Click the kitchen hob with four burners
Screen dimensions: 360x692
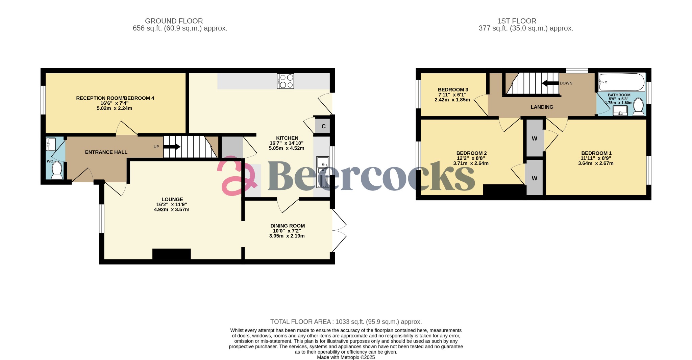tap(285, 81)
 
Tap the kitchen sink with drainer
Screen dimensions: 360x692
tap(323, 172)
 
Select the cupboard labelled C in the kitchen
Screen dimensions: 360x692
tap(323, 126)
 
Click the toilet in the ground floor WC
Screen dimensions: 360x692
tap(56, 170)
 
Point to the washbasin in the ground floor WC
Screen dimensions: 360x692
tap(51, 144)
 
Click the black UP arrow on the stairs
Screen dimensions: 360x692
tap(172, 147)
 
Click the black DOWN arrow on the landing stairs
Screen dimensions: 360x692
tap(550, 83)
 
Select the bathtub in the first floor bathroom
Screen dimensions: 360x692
tap(621, 82)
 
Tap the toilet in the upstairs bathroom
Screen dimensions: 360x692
tap(638, 106)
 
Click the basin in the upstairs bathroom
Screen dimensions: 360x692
tap(620, 110)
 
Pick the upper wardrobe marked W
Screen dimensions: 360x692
tap(535, 138)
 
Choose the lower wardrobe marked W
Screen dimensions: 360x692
tap(535, 178)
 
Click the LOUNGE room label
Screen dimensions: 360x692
tap(172, 199)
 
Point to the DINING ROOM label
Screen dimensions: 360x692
tap(287, 226)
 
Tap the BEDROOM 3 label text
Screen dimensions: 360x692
tap(453, 89)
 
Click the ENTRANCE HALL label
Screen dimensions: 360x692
tap(106, 152)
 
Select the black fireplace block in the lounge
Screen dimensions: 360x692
tap(171, 254)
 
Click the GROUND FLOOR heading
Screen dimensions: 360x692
tap(174, 21)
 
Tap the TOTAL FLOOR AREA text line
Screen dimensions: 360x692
tap(346, 322)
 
